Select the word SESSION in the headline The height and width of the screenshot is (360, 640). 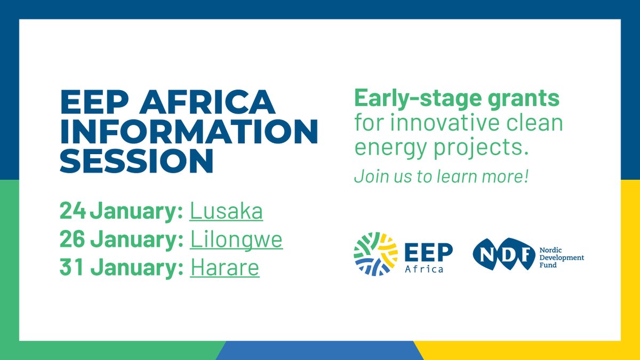(x=137, y=161)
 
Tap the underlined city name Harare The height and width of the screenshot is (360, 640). (x=225, y=268)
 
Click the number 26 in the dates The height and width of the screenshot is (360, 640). (x=73, y=240)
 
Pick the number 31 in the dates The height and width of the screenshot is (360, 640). (x=71, y=268)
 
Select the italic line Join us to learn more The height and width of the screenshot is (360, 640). (x=441, y=177)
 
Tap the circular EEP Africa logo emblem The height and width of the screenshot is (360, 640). (x=375, y=254)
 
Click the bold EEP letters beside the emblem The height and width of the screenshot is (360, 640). (x=428, y=251)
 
